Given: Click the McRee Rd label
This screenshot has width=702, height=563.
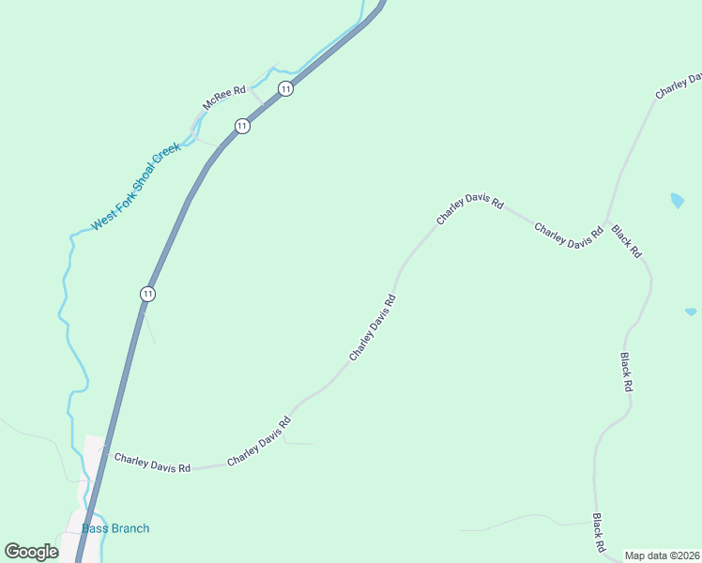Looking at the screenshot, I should [225, 97].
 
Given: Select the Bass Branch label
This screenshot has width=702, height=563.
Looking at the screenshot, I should [115, 528].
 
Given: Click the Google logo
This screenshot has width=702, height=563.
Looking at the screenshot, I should [31, 552].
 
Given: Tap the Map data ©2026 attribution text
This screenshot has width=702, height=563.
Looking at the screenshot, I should [662, 555].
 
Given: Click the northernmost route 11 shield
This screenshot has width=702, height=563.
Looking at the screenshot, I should [286, 89].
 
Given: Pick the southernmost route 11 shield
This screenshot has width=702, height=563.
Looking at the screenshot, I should [147, 294].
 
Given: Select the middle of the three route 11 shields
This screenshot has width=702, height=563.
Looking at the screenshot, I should [242, 126].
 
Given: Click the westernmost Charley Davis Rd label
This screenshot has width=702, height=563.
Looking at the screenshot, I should [152, 461].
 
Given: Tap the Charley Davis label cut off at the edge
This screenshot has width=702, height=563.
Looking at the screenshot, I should [679, 85].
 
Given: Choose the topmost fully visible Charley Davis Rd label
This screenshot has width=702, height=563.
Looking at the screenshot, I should [470, 211].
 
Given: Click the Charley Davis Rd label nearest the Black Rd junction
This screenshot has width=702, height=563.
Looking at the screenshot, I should [569, 236].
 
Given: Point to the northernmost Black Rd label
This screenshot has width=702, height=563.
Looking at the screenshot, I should [626, 241].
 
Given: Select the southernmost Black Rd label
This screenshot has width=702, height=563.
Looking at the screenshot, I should [598, 532].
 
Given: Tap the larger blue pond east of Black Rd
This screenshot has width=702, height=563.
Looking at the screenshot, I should [677, 200].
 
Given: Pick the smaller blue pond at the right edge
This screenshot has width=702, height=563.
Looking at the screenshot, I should [691, 312].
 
